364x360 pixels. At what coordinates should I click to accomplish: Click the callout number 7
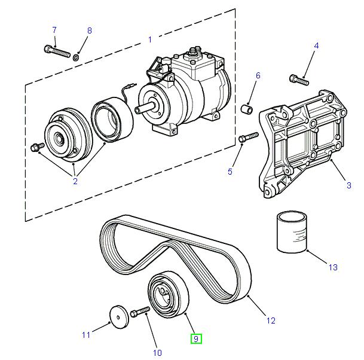click(x=54, y=29)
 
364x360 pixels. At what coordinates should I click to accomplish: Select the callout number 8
click(x=90, y=30)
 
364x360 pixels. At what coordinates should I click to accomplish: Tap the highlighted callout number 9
click(x=197, y=339)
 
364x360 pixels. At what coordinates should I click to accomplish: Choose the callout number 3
click(x=348, y=187)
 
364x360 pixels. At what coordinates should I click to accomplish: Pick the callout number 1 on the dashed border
click(x=150, y=39)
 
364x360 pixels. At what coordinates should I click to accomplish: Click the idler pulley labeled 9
click(x=168, y=297)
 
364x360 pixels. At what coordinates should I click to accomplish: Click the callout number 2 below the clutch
click(x=75, y=181)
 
